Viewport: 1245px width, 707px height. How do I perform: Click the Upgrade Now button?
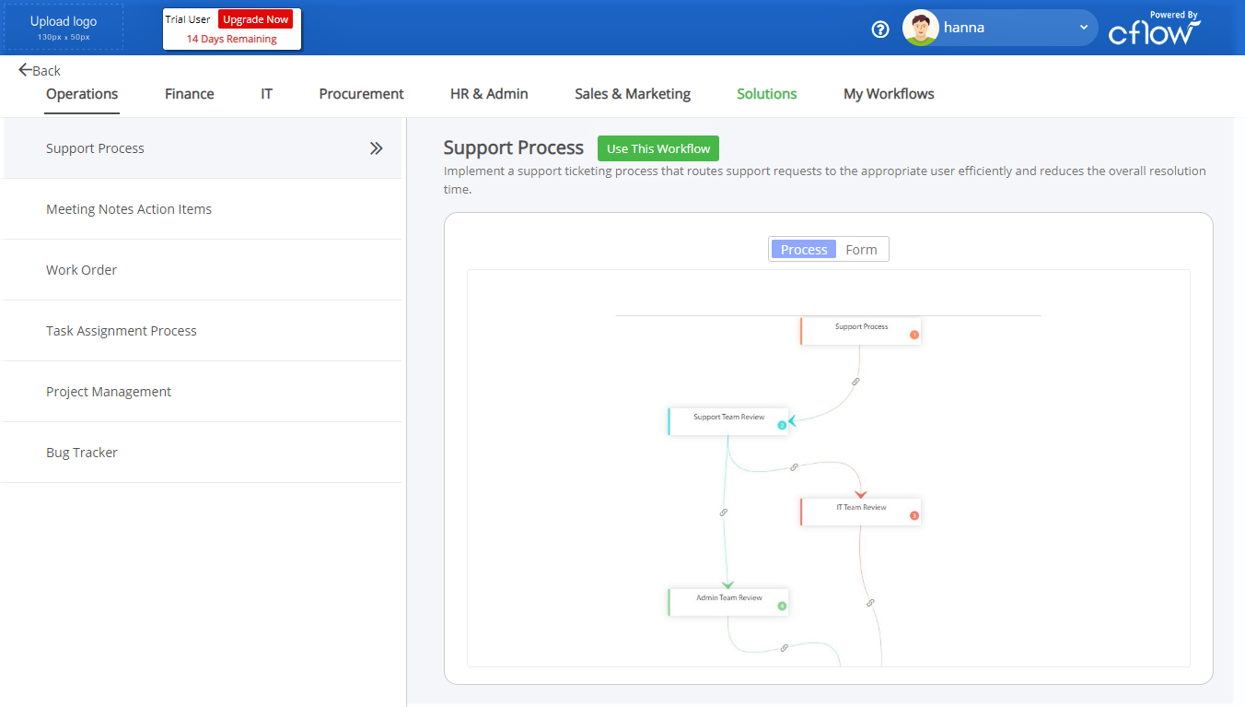[255, 19]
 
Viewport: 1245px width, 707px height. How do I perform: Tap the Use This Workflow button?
[658, 148]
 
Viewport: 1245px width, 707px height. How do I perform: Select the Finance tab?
[189, 93]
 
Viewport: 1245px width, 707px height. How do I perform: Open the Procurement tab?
[361, 93]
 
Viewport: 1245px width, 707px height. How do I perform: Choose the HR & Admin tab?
[489, 93]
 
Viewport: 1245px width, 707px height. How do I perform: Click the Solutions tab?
[766, 93]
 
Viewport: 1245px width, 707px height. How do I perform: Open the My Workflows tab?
[889, 93]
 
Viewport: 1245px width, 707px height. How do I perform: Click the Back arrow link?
[40, 71]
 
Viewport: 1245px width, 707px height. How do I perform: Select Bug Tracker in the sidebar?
[82, 453]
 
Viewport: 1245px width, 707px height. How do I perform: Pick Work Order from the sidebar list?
[81, 270]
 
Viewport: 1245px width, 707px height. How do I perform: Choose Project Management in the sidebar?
[109, 392]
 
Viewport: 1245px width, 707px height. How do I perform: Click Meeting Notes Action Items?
[129, 209]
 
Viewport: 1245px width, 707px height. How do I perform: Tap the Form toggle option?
[861, 249]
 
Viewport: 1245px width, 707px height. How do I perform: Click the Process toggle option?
[804, 249]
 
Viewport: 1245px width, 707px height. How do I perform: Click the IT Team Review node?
[861, 512]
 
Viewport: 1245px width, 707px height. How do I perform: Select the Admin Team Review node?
[728, 603]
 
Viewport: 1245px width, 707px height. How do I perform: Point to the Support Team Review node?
[728, 421]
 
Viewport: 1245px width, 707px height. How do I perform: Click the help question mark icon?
[879, 29]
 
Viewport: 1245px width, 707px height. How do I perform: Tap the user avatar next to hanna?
[921, 28]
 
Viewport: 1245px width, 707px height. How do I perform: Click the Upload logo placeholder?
[64, 28]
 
